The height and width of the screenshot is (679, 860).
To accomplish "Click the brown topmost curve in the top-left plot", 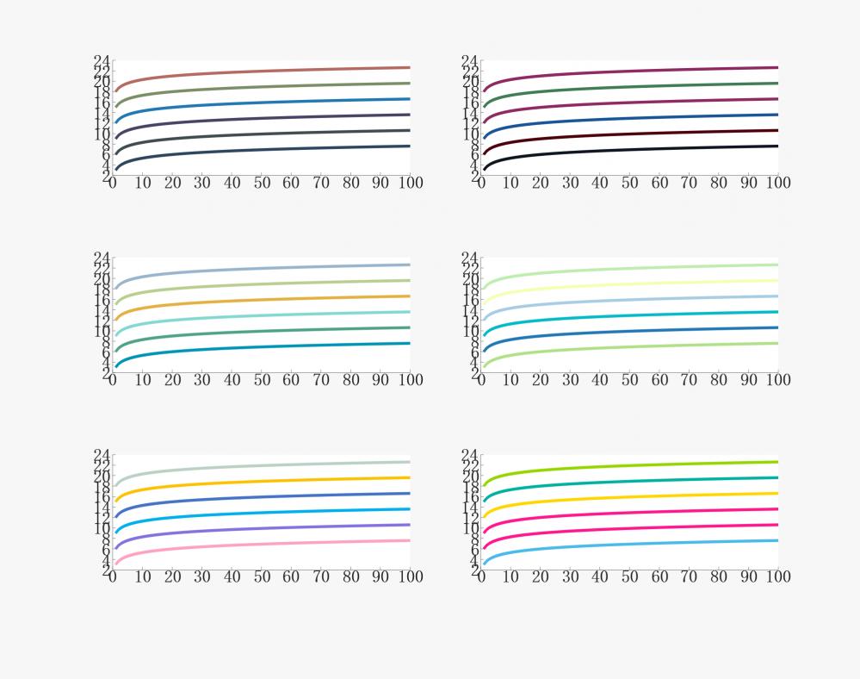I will tap(258, 71).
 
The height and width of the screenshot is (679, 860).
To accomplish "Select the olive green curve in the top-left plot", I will tap(258, 86).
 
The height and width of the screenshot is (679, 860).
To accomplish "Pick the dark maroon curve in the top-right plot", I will tap(628, 133).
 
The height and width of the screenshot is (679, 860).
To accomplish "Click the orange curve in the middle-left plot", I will tap(258, 299).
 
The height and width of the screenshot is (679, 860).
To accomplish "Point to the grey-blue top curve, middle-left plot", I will tap(258, 268).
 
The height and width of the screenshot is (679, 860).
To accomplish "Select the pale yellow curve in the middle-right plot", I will tap(628, 283).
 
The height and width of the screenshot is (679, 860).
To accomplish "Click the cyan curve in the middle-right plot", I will tap(628, 315).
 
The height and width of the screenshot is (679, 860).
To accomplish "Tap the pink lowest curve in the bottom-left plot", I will tap(258, 544).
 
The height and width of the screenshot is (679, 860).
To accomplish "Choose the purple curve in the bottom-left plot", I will tap(258, 527).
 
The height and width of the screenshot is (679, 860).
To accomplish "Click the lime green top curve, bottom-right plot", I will tap(628, 465).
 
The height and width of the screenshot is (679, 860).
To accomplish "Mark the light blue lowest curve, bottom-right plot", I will tap(628, 544).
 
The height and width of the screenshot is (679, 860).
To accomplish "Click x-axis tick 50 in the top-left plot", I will tap(262, 183).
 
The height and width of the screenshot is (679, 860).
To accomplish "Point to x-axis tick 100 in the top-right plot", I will tap(777, 183).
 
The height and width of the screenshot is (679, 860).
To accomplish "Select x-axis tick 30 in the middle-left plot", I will tap(202, 380).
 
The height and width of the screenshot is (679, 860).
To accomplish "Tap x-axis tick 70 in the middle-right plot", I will tap(689, 380).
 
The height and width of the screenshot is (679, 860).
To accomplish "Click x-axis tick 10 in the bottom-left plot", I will tap(143, 576).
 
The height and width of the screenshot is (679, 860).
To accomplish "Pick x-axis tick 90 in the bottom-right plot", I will tap(748, 576).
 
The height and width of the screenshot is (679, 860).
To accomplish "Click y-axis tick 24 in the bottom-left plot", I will tap(102, 455).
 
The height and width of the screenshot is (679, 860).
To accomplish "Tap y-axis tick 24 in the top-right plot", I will tap(470, 61).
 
